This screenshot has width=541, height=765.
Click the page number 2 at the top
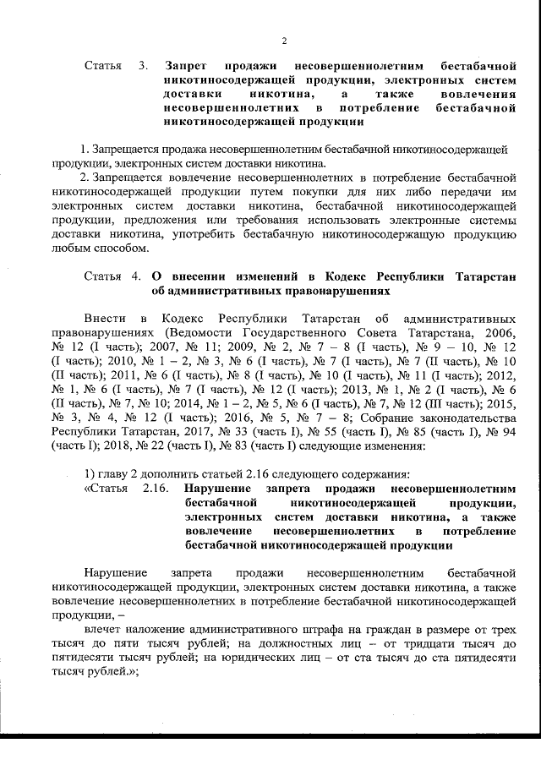click(284, 40)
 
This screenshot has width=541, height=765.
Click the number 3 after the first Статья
click(144, 65)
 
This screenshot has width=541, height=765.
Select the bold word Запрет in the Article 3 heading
click(188, 65)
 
